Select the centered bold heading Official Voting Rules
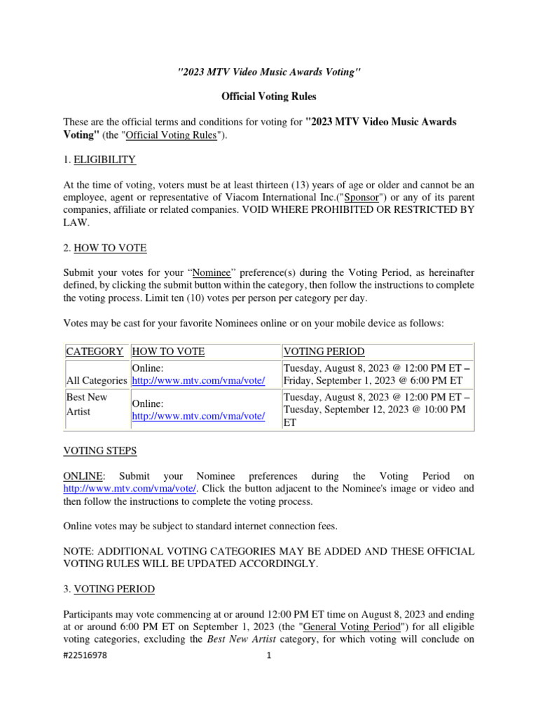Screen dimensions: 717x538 click(x=269, y=96)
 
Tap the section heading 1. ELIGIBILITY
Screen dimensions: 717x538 click(x=99, y=160)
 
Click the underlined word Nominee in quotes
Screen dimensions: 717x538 click(x=212, y=273)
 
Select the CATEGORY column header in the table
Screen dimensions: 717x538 click(x=95, y=351)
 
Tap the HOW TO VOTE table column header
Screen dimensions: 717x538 click(x=168, y=351)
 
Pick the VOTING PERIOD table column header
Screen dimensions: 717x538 click(x=324, y=351)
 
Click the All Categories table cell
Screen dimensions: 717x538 click(x=97, y=381)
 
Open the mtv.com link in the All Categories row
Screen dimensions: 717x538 click(x=198, y=381)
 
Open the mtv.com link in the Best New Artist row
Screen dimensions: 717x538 click(x=198, y=416)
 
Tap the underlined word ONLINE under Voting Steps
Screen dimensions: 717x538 click(x=82, y=475)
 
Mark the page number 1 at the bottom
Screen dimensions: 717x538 click(x=268, y=656)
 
